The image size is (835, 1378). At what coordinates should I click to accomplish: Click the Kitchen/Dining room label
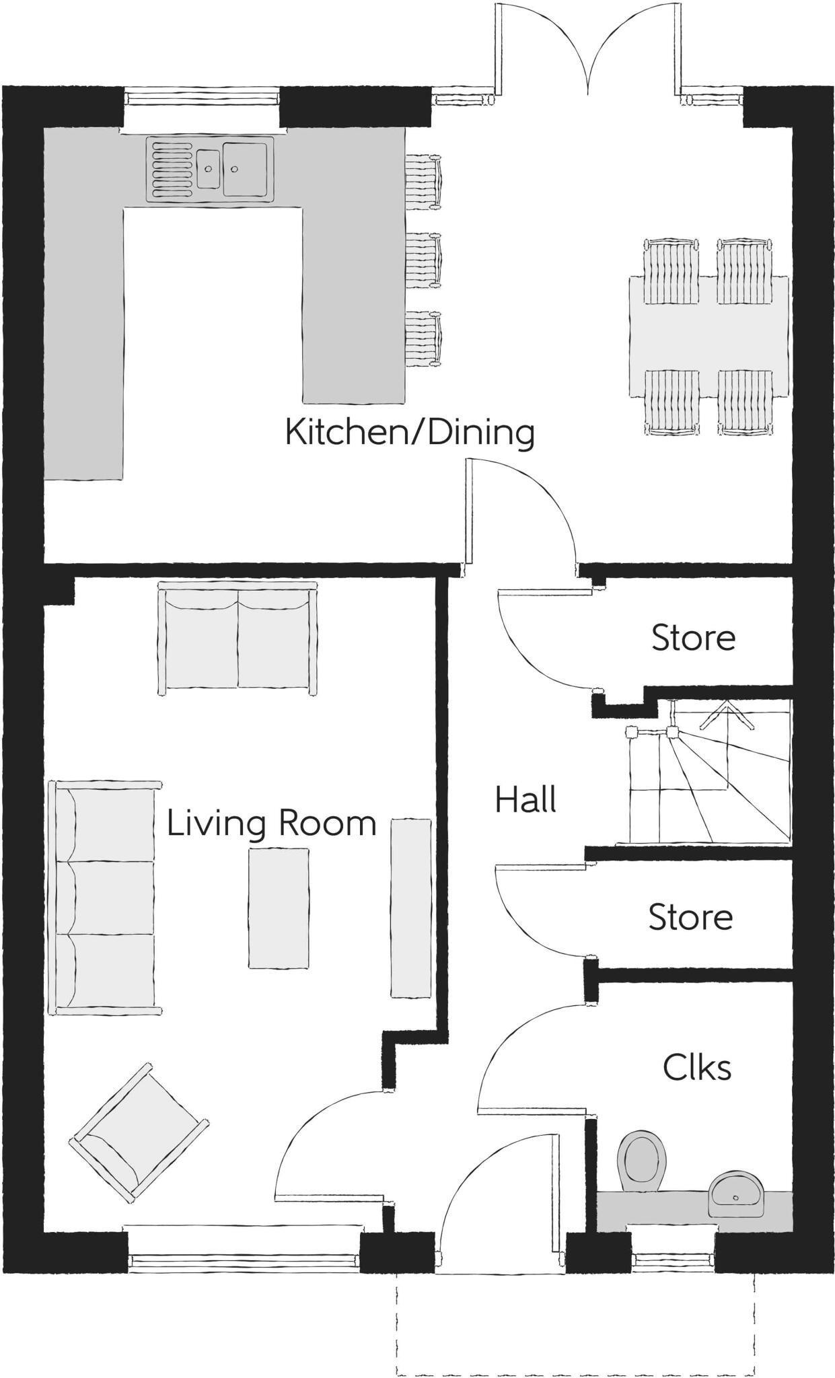tap(410, 432)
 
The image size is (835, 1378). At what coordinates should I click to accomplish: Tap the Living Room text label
tap(270, 823)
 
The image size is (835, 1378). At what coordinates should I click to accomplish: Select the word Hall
tap(525, 800)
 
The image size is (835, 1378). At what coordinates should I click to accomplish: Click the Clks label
tap(696, 1068)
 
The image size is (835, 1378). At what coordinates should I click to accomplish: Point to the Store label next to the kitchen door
tap(693, 637)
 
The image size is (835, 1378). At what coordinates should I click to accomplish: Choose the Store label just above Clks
tap(690, 917)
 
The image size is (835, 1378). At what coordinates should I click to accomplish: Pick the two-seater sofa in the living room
tap(238, 639)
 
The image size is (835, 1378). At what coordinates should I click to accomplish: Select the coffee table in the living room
tap(279, 908)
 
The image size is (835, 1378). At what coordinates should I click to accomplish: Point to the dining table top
tap(709, 336)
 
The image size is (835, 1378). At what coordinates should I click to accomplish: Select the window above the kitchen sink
tap(202, 98)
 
